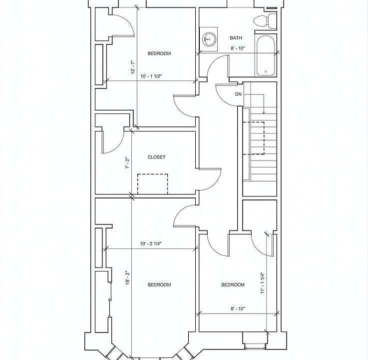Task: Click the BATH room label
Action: pos(236,38)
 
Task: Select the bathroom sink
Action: pos(209,39)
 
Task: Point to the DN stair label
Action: pos(238,94)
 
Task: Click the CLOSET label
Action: pos(156,157)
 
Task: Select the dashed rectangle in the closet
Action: pos(153,183)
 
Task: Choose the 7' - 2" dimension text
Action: pos(128,162)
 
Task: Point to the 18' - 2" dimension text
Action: pos(128,277)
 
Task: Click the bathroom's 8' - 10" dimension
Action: pos(238,48)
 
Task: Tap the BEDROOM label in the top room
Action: pos(159,53)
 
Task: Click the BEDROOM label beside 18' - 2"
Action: pos(159,284)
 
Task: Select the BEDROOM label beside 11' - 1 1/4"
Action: pos(233,284)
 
